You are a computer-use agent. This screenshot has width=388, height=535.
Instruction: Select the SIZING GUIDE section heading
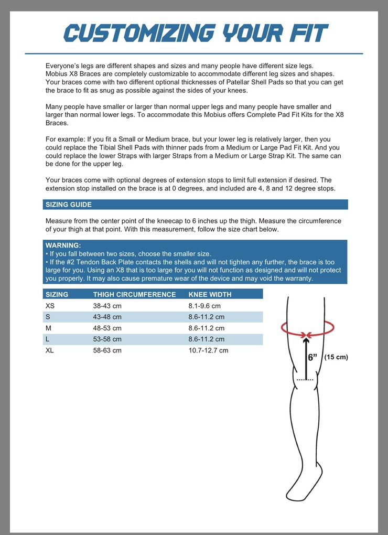point(69,205)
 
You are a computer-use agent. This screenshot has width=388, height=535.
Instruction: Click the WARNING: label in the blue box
point(63,245)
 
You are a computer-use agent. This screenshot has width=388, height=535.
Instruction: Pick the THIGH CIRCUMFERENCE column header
point(135,294)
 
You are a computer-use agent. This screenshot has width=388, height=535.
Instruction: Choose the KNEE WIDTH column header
point(210,294)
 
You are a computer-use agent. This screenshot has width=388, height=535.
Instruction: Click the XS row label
point(50,306)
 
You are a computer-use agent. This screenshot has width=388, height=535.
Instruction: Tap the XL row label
point(50,350)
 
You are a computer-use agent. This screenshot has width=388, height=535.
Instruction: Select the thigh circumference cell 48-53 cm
point(107,328)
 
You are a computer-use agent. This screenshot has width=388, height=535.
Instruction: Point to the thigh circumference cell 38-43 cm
point(107,306)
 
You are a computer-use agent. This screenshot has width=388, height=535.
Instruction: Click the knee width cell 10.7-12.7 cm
point(208,350)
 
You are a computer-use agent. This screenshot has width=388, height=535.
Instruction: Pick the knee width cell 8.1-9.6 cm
point(204,306)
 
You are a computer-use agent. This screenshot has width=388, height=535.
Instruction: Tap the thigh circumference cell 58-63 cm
point(107,350)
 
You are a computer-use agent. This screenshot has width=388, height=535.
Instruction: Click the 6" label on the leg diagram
point(313,357)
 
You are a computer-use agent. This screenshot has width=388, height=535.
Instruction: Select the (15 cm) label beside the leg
point(336,357)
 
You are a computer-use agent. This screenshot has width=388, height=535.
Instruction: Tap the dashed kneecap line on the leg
point(305,379)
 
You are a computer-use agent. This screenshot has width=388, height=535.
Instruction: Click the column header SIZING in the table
point(57,294)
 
